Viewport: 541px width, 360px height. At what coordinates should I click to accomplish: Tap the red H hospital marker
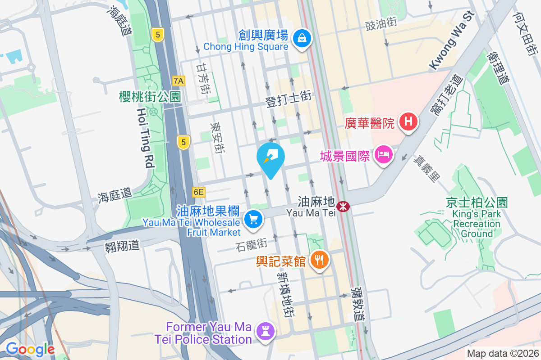coord(408,121)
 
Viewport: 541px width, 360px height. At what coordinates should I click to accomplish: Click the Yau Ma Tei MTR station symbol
coord(344,207)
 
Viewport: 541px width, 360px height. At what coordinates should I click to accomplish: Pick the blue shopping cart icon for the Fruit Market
coord(253,220)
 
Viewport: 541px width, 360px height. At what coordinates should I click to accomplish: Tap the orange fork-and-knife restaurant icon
coord(320,260)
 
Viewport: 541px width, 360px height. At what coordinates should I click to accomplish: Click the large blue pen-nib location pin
coord(270,157)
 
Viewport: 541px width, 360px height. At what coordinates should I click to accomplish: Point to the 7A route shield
coord(179,81)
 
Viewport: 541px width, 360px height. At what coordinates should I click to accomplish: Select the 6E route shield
coord(198,193)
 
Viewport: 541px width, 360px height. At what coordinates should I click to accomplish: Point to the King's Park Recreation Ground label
coord(477,218)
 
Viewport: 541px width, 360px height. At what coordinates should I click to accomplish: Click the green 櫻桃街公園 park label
coord(150,96)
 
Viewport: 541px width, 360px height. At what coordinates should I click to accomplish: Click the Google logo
coord(30,349)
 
